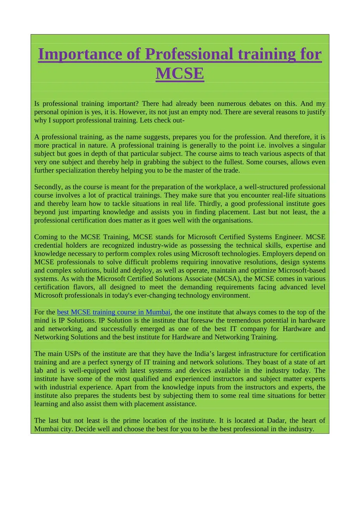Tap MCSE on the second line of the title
pos(180,74)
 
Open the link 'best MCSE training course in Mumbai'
pos(114,312)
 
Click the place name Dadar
pos(276,420)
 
